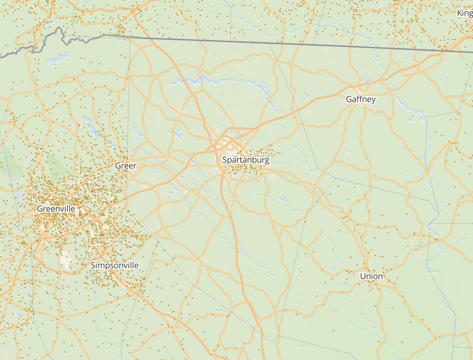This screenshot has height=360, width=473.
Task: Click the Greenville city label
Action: point(56,209)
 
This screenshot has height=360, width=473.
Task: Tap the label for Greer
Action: point(126,166)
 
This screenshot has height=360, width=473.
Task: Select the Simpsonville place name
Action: point(114,265)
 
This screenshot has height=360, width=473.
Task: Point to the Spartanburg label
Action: point(246,160)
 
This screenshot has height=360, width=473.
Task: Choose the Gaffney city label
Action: point(361,99)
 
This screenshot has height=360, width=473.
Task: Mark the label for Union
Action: point(371,276)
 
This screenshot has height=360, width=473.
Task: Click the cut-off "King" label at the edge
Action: point(465,13)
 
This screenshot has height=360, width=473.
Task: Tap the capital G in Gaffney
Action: point(349,99)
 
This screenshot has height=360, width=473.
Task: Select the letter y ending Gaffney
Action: point(373,100)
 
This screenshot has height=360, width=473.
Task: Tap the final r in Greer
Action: point(135,166)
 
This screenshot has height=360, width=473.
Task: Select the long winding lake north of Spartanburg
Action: point(218,82)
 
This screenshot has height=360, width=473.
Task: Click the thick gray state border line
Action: point(281,44)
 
